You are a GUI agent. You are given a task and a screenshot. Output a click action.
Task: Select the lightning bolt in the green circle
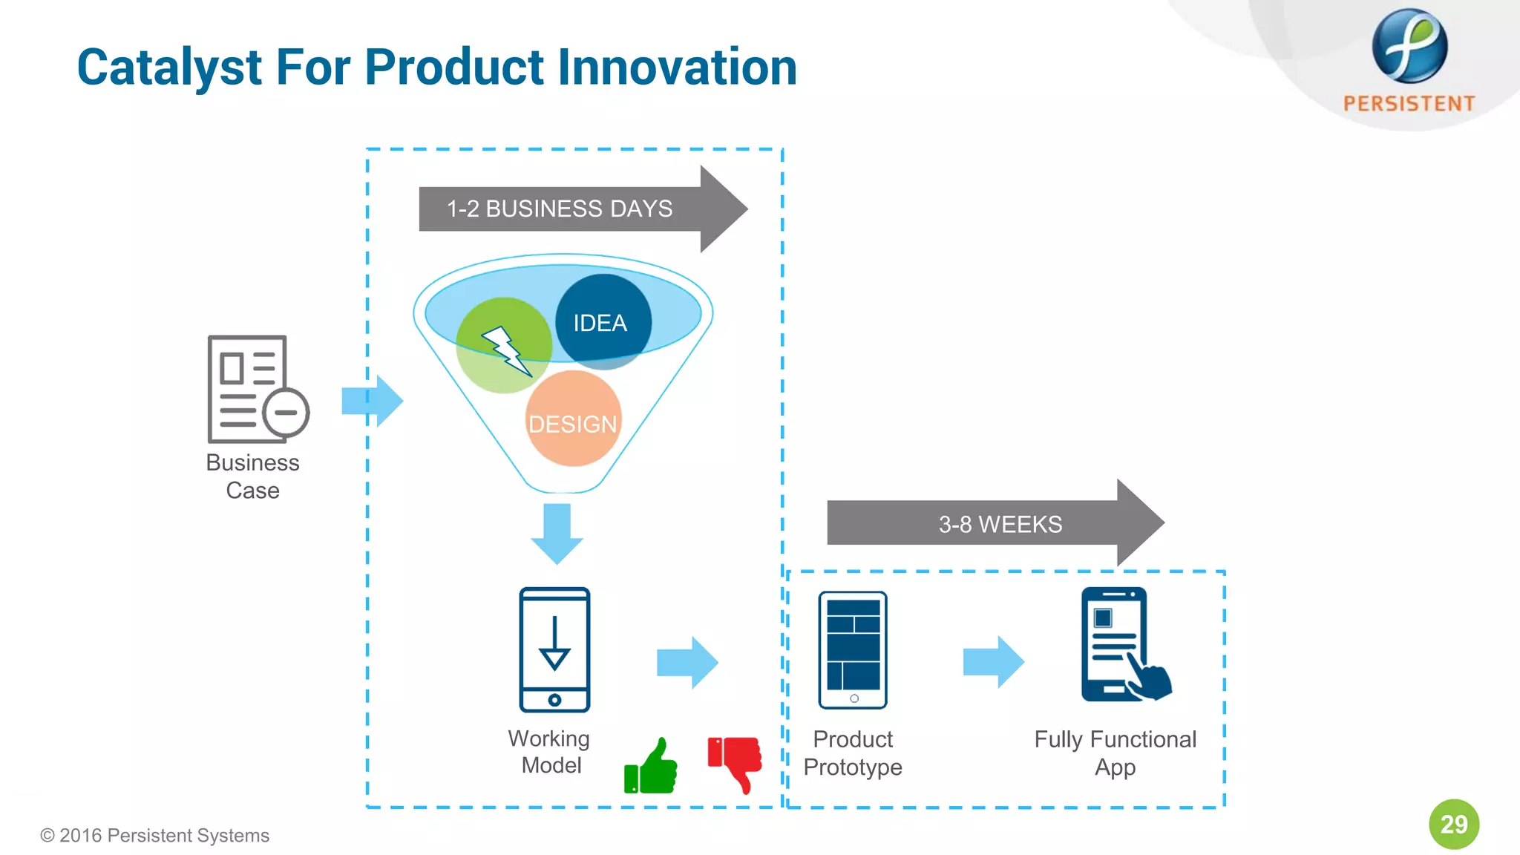point(506,350)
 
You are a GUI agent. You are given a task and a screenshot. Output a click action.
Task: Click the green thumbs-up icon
point(651,767)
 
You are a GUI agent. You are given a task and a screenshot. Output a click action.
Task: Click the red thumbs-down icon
point(736,762)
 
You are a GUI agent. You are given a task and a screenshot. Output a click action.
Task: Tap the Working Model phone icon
point(554,650)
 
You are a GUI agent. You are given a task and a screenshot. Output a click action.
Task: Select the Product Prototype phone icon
point(853,650)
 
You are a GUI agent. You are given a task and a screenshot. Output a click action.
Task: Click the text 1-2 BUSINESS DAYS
point(560,209)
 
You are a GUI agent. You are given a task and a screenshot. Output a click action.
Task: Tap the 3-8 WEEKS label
point(1000,524)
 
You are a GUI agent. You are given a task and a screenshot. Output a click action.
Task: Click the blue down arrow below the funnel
point(557,533)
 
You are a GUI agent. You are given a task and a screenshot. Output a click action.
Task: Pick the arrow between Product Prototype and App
point(993,661)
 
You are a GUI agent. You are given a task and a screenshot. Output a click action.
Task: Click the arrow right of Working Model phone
point(687,661)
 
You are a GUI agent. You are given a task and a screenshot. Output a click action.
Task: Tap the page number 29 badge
point(1453,824)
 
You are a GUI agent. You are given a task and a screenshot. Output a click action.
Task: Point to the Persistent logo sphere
point(1409,46)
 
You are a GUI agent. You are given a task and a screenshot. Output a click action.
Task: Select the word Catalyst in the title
point(170,67)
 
